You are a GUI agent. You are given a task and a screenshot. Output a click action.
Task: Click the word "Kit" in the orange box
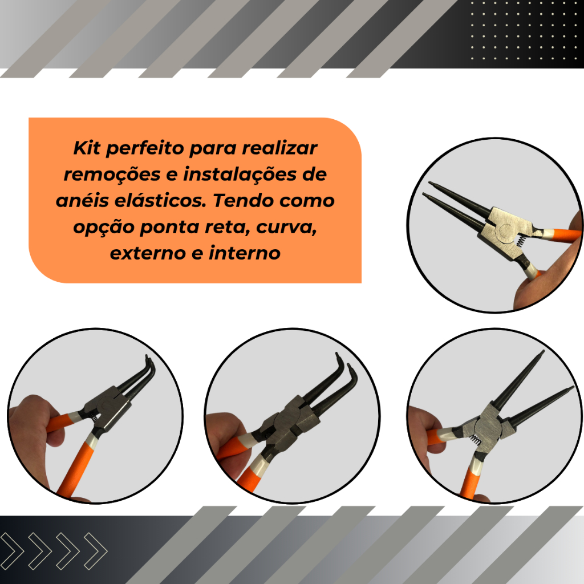pos(87,148)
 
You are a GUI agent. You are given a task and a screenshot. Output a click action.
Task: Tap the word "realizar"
pos(279,148)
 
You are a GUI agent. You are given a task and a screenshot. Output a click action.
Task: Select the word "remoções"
pos(112,175)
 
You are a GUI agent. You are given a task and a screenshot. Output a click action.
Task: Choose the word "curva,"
pos(286,227)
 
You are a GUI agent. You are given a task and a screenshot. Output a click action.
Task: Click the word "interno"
pos(244,253)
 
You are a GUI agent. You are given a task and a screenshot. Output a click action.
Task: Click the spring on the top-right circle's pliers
pos(521,241)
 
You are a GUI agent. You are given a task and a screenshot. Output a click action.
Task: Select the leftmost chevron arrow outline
pos(12,551)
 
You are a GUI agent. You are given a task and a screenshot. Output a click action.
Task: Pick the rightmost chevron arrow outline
pos(96,551)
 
